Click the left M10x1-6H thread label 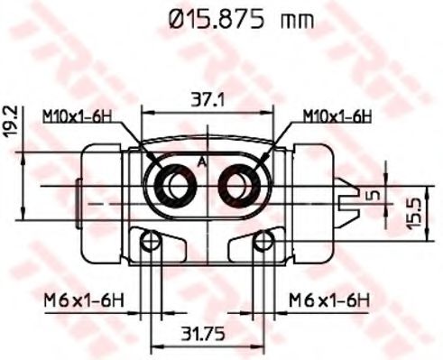coord(77,116)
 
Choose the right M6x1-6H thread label coord(328,298)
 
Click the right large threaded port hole coord(242,186)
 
